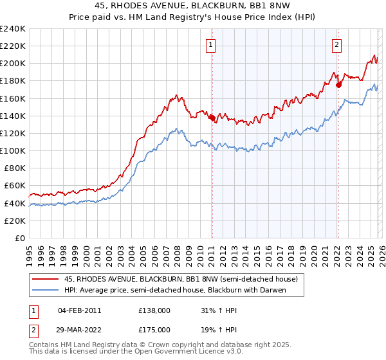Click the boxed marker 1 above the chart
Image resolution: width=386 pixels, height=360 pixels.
pos(211,44)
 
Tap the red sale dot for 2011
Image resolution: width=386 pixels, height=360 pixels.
pos(212,117)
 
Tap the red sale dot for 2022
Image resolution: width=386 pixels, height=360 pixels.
pos(338,84)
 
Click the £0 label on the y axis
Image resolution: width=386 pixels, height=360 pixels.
pos(19,238)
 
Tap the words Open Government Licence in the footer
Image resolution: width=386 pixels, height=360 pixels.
pos(172,352)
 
